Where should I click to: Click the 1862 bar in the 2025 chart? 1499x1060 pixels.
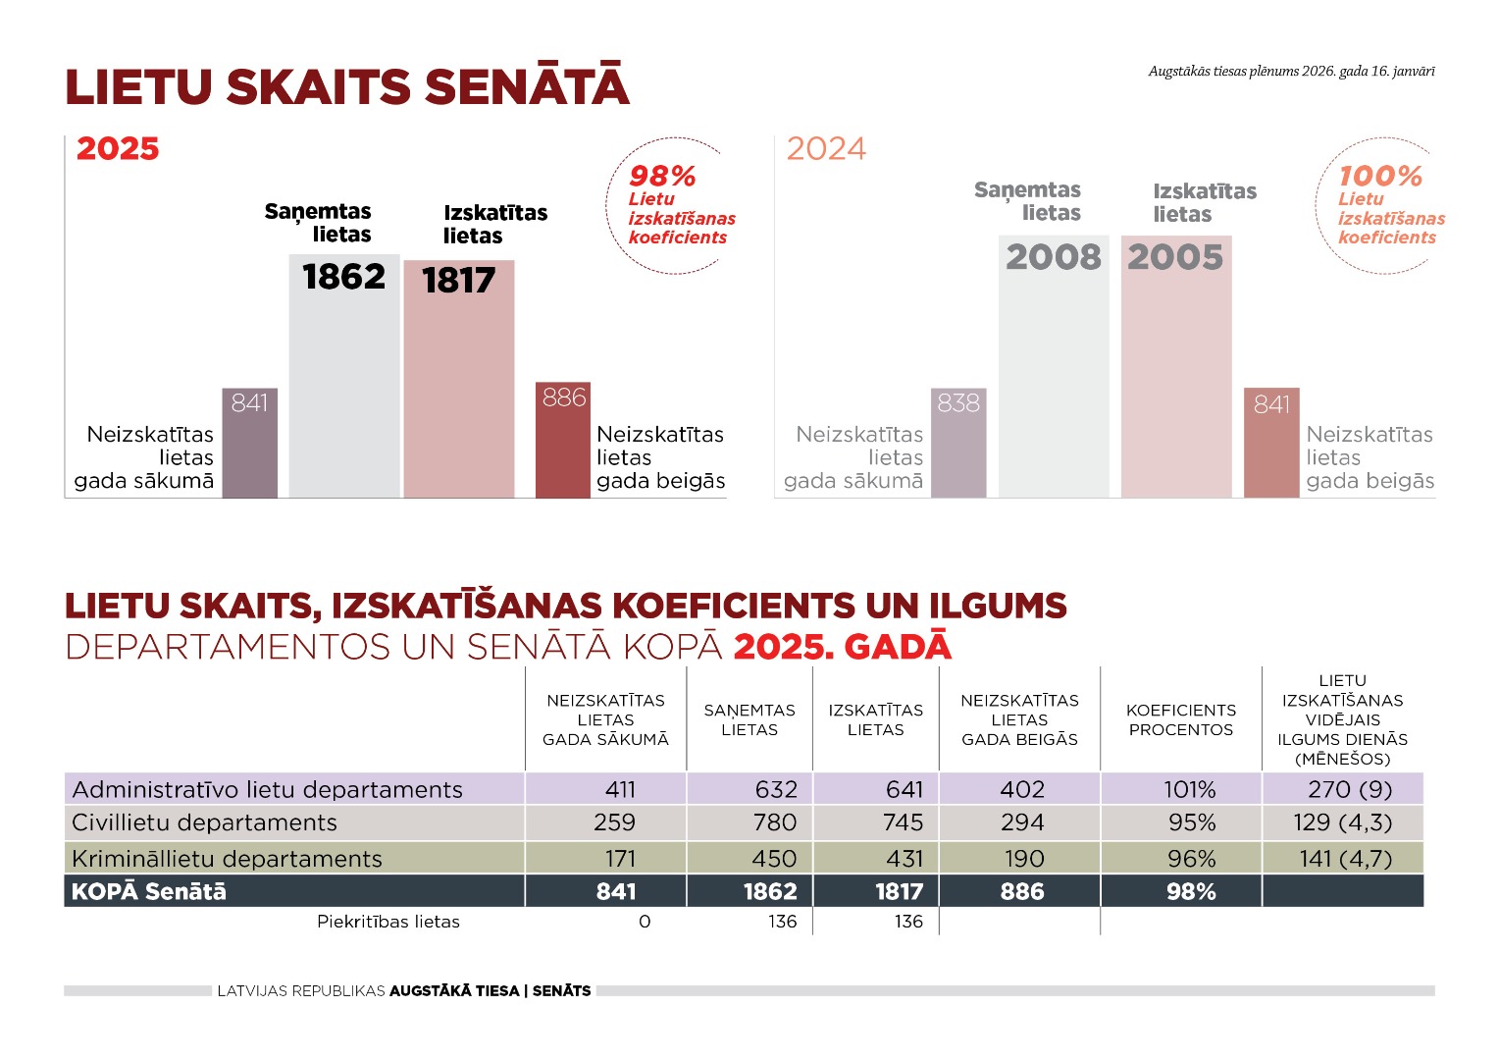point(344,383)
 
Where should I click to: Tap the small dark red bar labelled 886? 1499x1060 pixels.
point(563,442)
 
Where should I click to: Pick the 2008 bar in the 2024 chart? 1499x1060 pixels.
point(1054,373)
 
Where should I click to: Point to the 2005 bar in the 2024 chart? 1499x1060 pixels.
point(1176,373)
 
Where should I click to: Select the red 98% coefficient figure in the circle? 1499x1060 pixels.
point(662,177)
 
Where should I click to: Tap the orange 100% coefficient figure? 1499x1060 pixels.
point(1380,177)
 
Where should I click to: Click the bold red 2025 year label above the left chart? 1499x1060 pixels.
point(118,149)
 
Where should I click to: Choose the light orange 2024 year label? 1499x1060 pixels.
point(826,149)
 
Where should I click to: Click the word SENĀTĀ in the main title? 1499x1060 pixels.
point(527,87)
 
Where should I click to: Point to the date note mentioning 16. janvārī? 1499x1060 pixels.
point(1291,72)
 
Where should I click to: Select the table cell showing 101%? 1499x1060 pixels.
point(1189,789)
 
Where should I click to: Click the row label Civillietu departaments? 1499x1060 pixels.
point(204,822)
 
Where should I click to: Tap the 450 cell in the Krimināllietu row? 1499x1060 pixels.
point(774,859)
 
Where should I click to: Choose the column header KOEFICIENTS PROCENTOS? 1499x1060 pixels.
point(1181,719)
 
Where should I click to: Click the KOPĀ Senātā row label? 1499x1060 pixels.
point(149,891)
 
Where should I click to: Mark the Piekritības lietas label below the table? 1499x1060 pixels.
point(388,922)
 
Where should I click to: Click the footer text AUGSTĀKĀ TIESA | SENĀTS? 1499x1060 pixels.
point(491,991)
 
